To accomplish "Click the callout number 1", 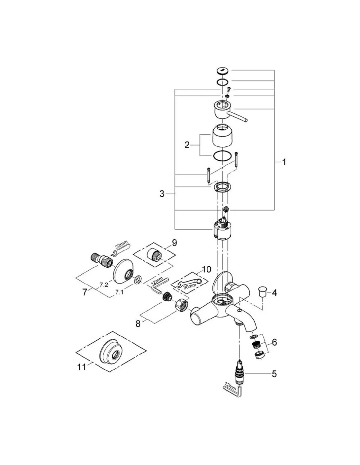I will click(x=284, y=162).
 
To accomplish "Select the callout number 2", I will click(x=187, y=145).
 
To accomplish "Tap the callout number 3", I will click(x=162, y=194).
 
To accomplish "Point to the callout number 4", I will click(x=274, y=293).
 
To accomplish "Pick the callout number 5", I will click(x=274, y=373).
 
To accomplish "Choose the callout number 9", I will click(x=174, y=243).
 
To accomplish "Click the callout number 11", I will click(x=82, y=367).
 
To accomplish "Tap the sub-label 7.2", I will click(x=104, y=284).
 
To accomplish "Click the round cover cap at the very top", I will click(x=223, y=70).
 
